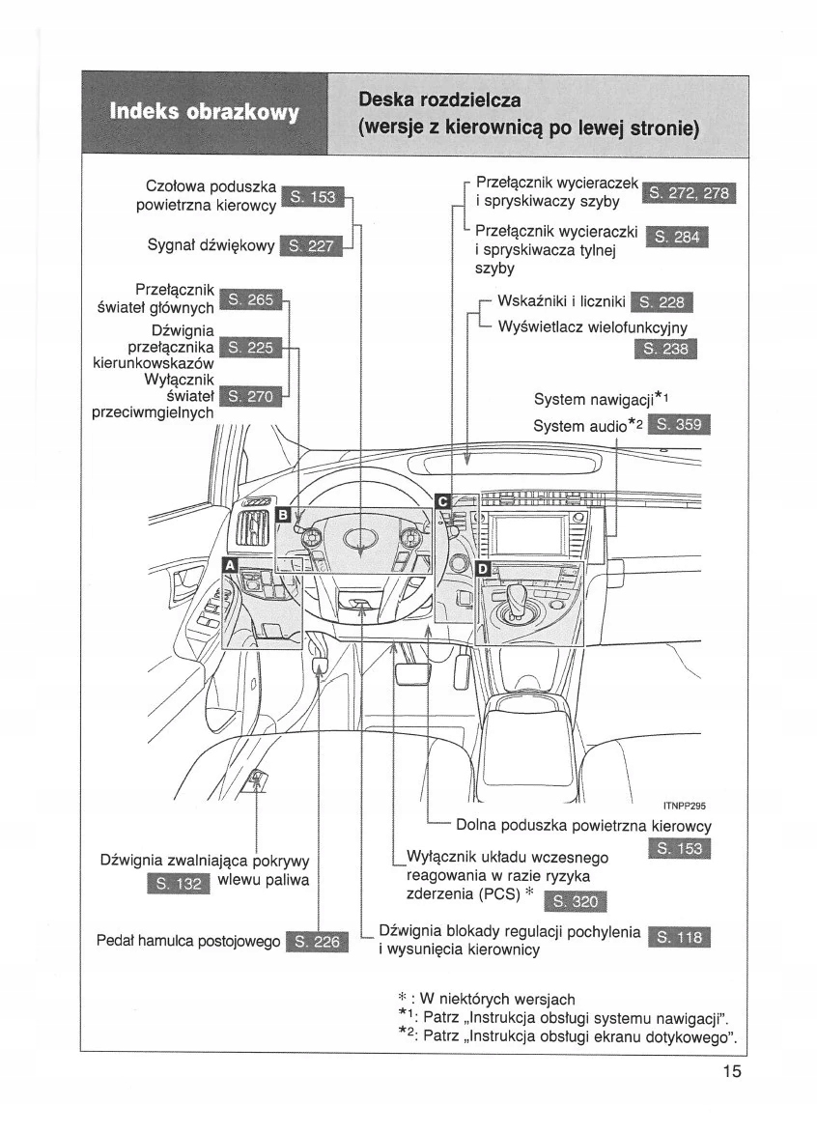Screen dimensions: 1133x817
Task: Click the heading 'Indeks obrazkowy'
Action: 205,112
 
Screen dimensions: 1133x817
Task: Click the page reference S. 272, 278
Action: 689,192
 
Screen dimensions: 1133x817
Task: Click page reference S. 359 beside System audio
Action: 681,425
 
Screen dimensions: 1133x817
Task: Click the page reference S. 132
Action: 178,884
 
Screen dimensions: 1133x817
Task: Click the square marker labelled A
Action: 230,564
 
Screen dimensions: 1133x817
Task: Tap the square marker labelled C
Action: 442,501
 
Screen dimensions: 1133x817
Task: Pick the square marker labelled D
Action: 484,568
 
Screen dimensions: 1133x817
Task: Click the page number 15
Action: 730,1070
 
